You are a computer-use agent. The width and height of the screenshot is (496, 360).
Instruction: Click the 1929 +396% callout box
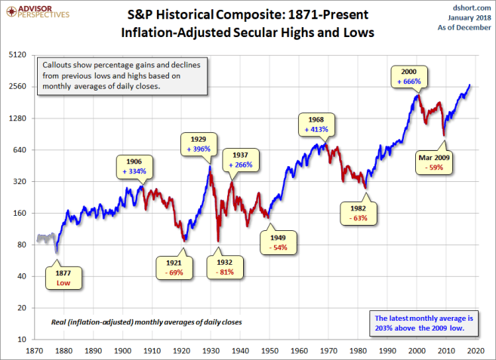point(199,143)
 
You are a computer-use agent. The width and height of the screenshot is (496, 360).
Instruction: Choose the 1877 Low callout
point(63,277)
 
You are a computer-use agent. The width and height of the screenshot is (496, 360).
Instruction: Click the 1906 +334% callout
point(134,166)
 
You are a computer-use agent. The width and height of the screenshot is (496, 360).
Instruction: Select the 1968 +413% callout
point(316,124)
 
